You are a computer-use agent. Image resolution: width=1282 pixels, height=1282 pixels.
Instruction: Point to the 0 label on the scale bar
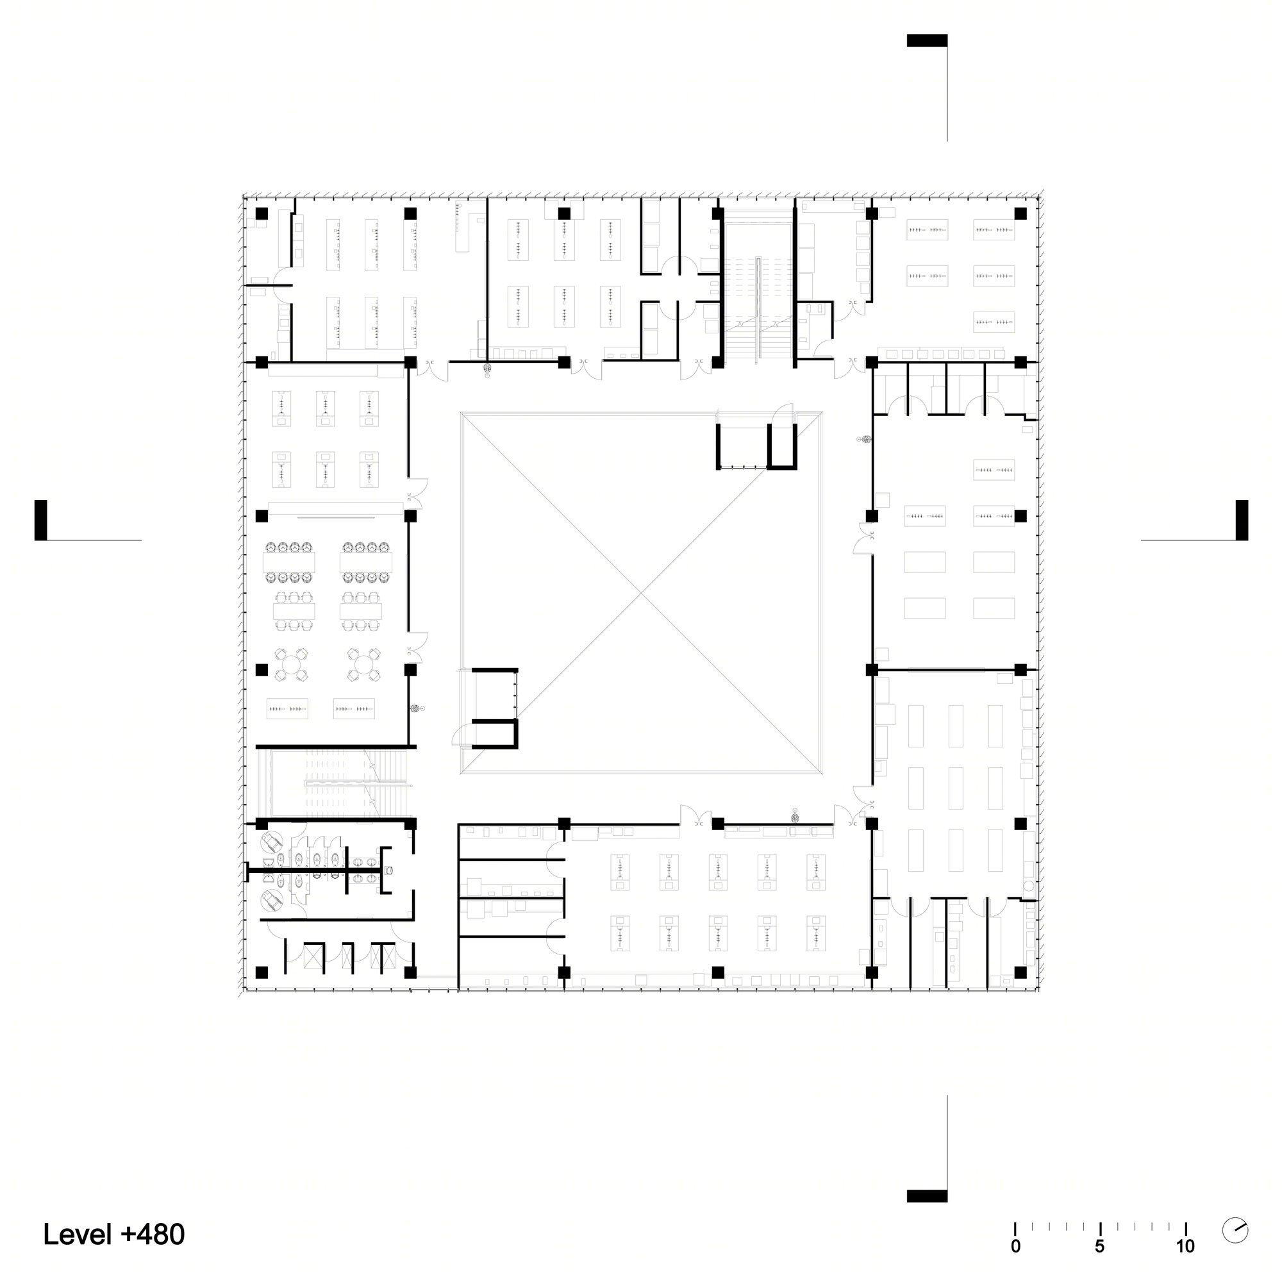coord(1015,1247)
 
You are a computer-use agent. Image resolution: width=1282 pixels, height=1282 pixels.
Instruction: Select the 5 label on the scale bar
coord(1100,1247)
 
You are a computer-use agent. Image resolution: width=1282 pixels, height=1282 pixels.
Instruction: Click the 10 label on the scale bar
coord(1185,1247)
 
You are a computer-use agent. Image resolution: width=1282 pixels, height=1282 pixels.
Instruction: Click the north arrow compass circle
coord(1235,1229)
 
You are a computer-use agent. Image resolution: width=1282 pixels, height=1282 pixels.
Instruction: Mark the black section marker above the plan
coord(927,40)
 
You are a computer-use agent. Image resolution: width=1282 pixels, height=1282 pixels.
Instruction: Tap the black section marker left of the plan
coord(40,520)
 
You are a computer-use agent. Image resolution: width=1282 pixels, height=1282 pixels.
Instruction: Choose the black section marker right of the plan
coord(1242,520)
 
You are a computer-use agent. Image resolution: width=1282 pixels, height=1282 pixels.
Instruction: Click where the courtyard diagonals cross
coord(642,592)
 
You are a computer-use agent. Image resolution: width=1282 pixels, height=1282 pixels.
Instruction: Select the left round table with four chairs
coord(291,664)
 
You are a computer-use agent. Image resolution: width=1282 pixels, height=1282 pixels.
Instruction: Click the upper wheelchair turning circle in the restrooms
coord(272,844)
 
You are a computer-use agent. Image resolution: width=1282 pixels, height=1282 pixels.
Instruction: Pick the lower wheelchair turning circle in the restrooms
coord(272,901)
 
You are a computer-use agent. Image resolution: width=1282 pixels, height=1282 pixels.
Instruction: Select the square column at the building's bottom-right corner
coord(1021,972)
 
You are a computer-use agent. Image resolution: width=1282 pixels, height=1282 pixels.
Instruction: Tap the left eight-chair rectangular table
coord(288,562)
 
